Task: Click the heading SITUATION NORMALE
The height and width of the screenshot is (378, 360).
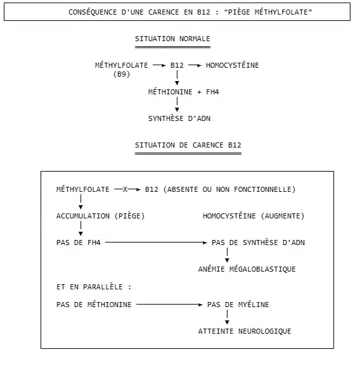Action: (172, 39)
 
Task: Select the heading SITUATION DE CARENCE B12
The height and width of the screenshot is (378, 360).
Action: (188, 145)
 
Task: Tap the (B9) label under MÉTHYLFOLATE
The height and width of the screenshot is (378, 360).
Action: (122, 74)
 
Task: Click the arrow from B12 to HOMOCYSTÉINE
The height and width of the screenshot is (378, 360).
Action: (195, 65)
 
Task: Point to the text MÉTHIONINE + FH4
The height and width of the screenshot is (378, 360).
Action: (184, 92)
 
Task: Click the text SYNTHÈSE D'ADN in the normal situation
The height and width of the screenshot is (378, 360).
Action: (179, 118)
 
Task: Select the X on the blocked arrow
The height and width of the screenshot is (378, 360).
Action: (125, 190)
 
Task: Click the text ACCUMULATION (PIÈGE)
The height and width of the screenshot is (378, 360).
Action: (100, 216)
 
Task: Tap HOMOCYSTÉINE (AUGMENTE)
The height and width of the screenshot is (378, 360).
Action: (254, 216)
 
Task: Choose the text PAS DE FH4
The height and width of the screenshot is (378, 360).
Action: (79, 243)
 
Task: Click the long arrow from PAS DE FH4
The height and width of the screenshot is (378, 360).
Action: (156, 243)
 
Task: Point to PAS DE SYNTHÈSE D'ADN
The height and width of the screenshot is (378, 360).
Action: (258, 243)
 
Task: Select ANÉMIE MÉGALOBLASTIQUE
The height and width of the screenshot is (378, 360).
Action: (247, 269)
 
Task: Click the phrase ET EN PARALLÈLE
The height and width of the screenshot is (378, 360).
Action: (89, 287)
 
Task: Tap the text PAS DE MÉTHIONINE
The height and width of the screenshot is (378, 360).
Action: (94, 305)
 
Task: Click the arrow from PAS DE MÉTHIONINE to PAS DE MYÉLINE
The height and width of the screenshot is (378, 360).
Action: (169, 305)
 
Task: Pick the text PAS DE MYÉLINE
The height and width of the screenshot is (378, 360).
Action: (238, 305)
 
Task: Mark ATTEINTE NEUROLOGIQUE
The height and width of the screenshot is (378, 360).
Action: (245, 331)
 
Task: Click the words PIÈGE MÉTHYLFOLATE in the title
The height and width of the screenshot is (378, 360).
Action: (268, 12)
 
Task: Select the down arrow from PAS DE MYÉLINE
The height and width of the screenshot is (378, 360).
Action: (227, 317)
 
